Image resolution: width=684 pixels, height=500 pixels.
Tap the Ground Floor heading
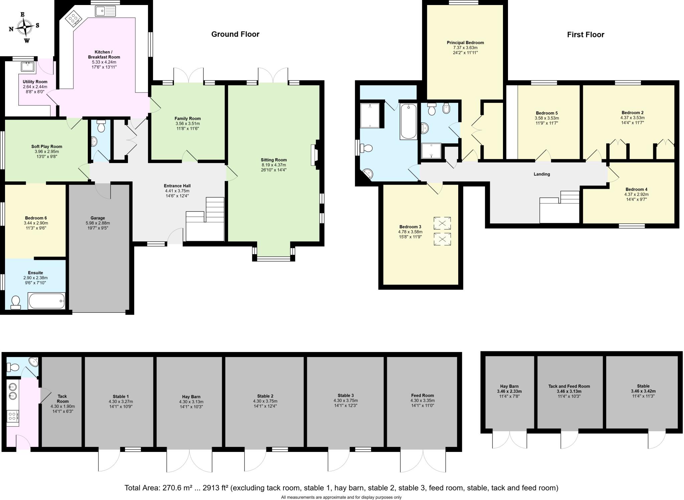click(235, 34)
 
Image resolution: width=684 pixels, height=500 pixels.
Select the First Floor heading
click(585, 34)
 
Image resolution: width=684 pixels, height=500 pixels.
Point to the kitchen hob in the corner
click(73, 19)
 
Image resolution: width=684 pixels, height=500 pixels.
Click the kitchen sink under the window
click(105, 11)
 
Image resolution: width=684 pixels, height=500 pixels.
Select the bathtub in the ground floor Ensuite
click(46, 301)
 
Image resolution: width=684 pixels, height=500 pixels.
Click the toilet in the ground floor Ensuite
click(15, 302)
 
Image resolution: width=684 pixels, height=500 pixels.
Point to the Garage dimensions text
click(98, 225)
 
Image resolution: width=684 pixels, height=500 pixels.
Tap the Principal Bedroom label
click(465, 42)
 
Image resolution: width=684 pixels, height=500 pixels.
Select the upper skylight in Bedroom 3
click(442, 223)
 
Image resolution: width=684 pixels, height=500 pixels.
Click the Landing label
click(542, 174)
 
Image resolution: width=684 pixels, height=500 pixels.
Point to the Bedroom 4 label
click(636, 189)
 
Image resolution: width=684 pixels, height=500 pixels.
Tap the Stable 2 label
click(265, 396)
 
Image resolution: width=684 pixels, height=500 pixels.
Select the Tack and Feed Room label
click(569, 386)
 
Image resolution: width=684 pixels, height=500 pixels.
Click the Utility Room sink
click(27, 66)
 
